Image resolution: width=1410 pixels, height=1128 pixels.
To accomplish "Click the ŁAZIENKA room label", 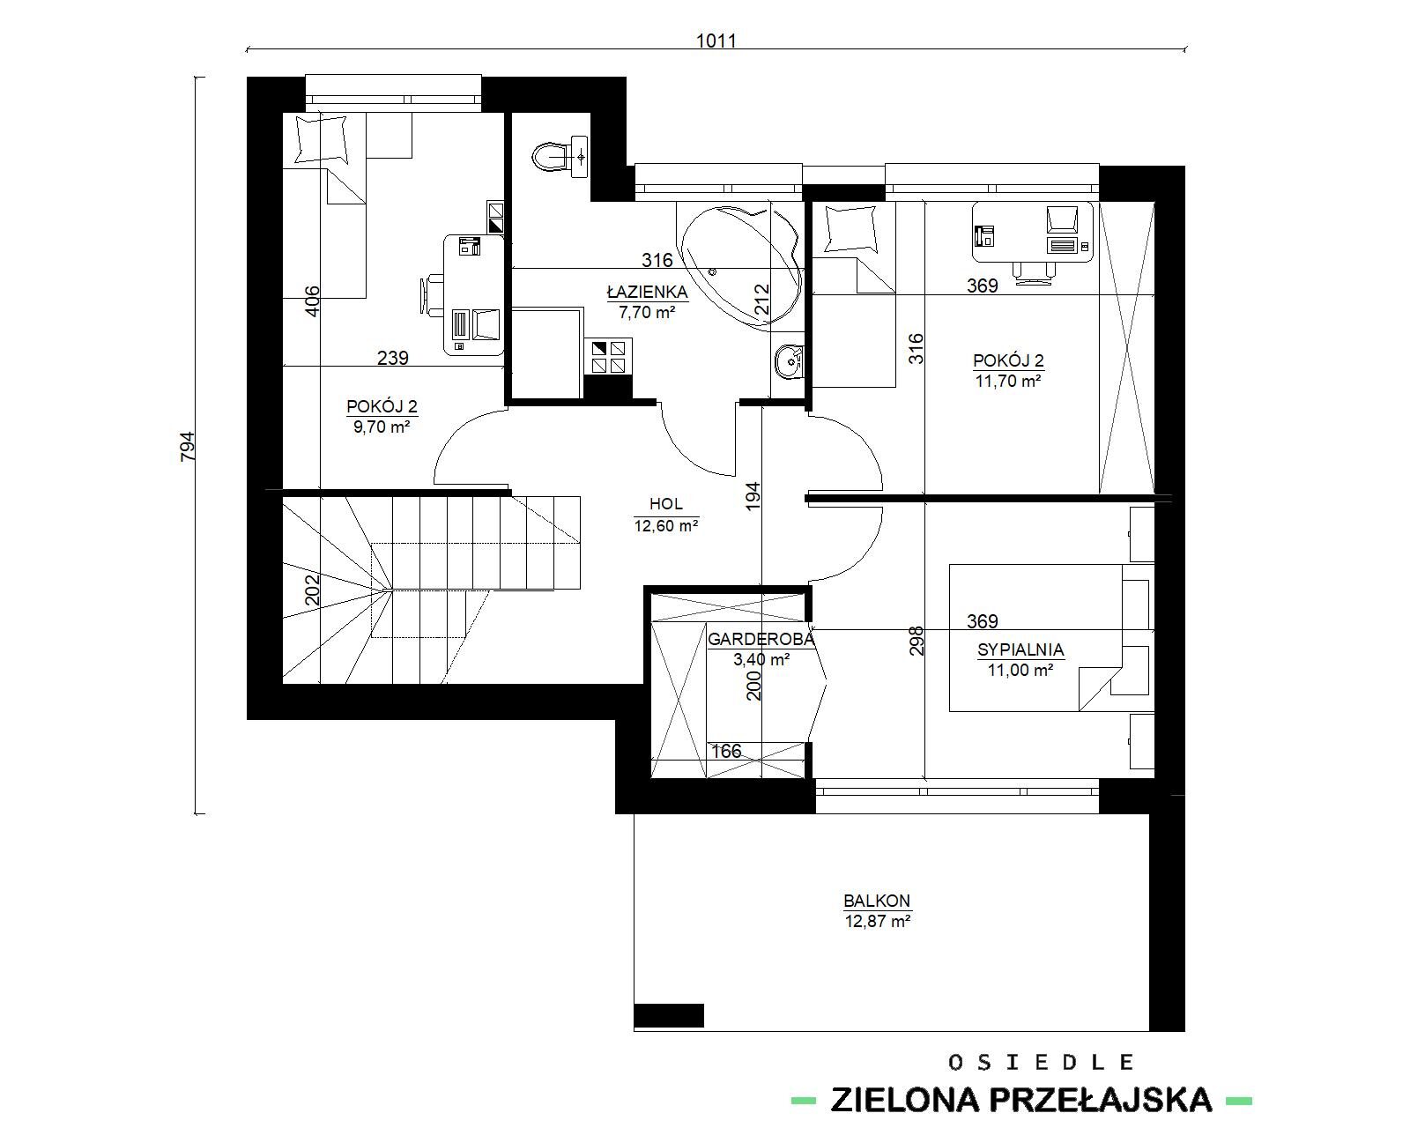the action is click(647, 292).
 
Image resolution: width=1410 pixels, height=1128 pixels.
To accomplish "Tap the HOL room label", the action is click(665, 504).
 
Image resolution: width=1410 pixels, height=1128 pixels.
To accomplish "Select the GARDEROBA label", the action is click(761, 639).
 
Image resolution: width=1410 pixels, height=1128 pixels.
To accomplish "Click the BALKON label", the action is click(877, 901).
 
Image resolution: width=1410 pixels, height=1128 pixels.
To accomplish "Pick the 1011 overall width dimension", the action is click(716, 41).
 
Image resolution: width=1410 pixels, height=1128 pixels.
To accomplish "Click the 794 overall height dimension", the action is click(188, 446).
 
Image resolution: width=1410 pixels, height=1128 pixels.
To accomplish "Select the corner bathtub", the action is click(741, 265).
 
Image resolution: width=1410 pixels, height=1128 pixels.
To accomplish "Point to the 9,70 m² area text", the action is click(382, 427).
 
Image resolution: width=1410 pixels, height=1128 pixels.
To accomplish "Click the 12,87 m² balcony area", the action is click(878, 921).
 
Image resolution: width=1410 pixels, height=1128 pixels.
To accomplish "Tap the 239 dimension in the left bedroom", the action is click(392, 358).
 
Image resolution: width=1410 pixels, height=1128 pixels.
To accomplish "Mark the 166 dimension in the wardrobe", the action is click(726, 751).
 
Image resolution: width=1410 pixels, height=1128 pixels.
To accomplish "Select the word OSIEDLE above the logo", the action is click(1040, 1062).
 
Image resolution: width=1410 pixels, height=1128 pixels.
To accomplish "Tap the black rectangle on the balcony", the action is click(669, 1015).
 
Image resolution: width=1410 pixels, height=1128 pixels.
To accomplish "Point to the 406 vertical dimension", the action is click(313, 301).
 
